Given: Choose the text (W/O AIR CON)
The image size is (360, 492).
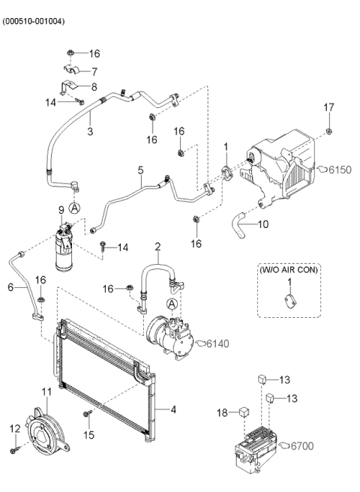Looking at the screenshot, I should coord(289,268).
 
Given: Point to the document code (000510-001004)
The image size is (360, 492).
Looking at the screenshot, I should coord(33,21).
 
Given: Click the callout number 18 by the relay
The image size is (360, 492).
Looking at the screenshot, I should coord(222,412).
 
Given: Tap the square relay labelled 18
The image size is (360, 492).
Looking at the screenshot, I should coord(244,411).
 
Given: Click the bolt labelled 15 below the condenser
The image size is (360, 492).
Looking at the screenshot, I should coord(88,415).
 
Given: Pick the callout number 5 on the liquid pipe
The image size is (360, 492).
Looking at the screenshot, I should coord(139,172).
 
